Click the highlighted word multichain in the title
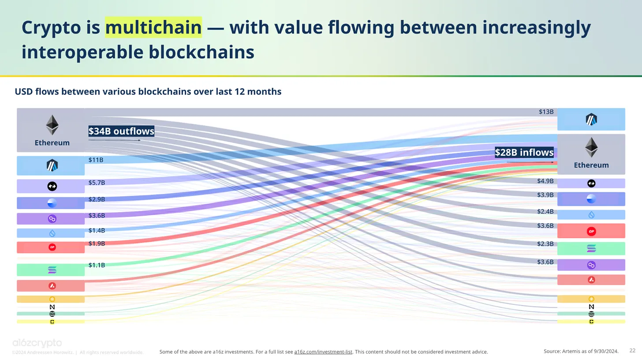[x=153, y=27]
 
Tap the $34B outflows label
[x=121, y=131]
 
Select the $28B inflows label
[x=524, y=152]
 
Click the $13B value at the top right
[x=546, y=112]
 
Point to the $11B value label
[x=96, y=160]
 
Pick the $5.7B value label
[x=97, y=183]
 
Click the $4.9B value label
[x=545, y=181]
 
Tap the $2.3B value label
[x=545, y=244]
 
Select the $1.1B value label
[x=97, y=265]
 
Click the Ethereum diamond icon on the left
[x=52, y=125]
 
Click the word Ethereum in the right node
[x=591, y=165]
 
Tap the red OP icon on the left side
[x=52, y=247]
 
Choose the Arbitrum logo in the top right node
[x=591, y=119]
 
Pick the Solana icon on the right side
[x=591, y=248]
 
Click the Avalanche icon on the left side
[x=52, y=286]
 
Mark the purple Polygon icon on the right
[x=591, y=265]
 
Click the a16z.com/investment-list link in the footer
[x=323, y=352]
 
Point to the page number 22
[x=632, y=351]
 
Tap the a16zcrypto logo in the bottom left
[x=37, y=343]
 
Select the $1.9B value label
[x=97, y=244]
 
